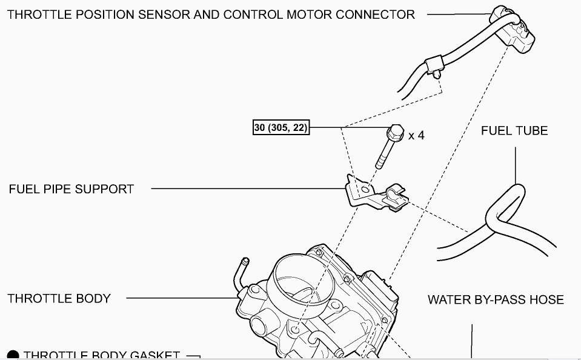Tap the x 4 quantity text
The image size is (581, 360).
(x=416, y=135)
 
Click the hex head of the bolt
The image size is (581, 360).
(x=394, y=132)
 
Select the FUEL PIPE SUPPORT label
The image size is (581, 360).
(x=71, y=189)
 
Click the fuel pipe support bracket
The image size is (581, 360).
(x=370, y=193)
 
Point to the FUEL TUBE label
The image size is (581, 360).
(x=514, y=131)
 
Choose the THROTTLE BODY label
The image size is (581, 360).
(x=59, y=298)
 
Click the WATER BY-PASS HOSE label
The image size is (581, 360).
(x=496, y=300)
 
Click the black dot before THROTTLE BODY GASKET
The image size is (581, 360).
(x=13, y=356)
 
